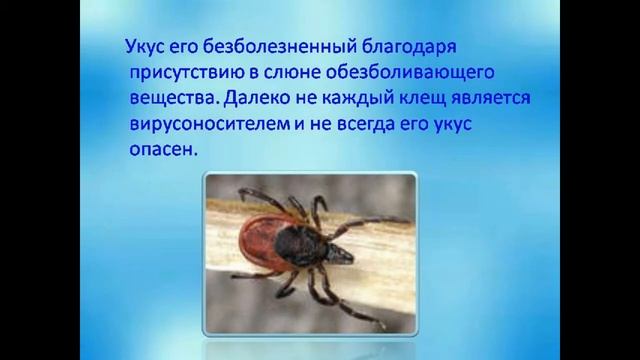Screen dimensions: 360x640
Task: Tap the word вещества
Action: [170, 99]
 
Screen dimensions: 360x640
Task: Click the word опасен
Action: [163, 150]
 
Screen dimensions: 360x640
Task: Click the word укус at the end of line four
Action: [479, 125]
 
